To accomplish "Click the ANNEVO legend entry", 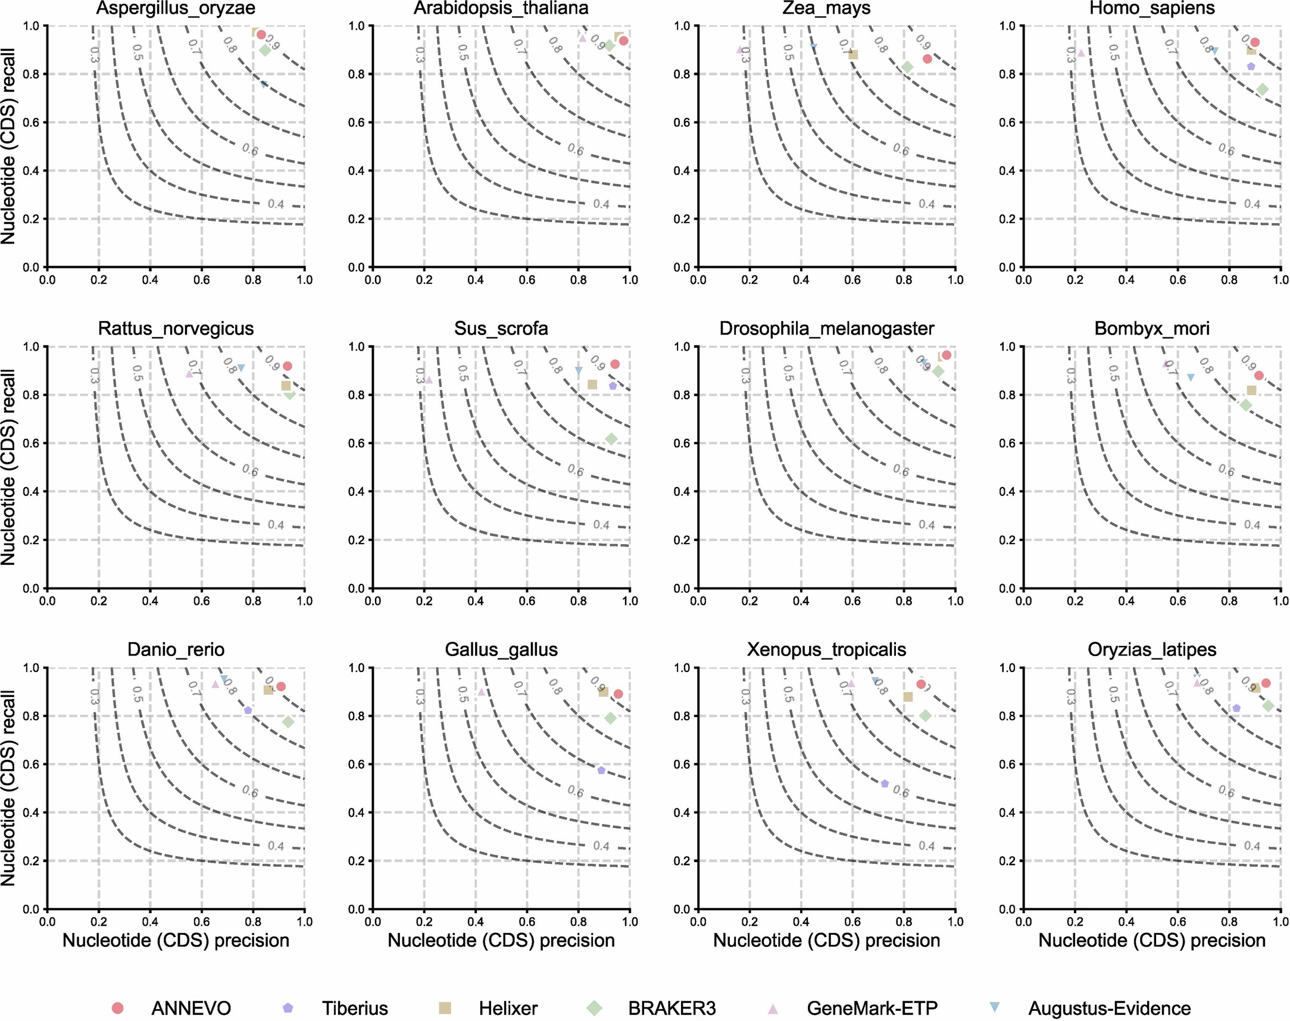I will click(190, 1008).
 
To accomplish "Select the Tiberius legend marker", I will click(288, 1007).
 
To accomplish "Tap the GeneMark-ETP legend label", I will click(872, 1008).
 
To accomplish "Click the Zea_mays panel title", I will click(826, 8).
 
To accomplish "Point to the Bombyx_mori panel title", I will click(1151, 329).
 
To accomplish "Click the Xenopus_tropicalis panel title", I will click(826, 650).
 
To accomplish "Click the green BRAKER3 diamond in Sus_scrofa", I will click(611, 439).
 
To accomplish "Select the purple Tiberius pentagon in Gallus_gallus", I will click(601, 770).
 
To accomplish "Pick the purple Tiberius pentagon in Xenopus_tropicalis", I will click(885, 783).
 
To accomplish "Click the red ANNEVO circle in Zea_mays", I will click(927, 58).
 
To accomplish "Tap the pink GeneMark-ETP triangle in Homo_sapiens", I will click(1081, 52).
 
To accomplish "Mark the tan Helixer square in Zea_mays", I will click(853, 54).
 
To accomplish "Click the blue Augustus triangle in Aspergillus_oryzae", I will click(264, 85).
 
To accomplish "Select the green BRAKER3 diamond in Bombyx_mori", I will click(1246, 405).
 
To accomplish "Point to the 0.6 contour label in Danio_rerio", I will click(250, 791).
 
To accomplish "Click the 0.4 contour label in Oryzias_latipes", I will click(1252, 846).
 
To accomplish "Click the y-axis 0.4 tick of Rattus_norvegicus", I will click(31, 491).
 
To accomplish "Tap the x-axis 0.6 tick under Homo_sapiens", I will click(1177, 280).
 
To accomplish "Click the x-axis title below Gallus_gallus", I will click(501, 940).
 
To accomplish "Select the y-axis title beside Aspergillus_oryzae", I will click(8, 146).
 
